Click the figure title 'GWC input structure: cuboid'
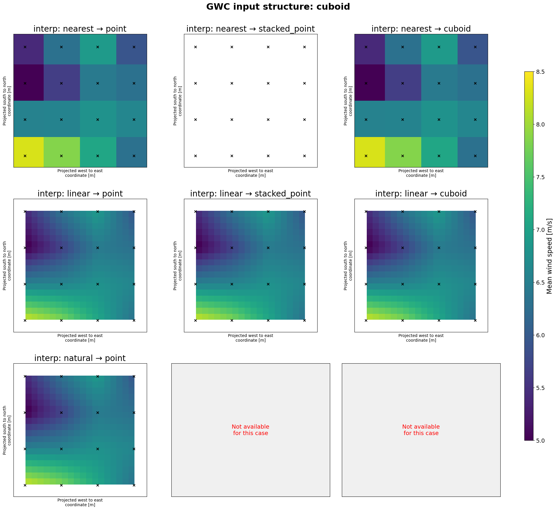tap(278, 7)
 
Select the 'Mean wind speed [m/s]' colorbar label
tap(550, 256)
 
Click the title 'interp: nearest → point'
tap(80, 29)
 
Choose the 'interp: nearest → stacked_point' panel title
tap(250, 29)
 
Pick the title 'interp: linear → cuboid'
tap(421, 194)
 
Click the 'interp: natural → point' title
tap(80, 358)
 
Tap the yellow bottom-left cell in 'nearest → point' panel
tap(28, 152)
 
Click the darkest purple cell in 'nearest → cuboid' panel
tap(369, 83)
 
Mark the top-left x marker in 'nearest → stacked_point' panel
tap(195, 47)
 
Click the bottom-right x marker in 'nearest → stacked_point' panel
tap(304, 156)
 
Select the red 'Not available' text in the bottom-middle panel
tap(250, 430)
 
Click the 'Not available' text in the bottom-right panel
tap(421, 430)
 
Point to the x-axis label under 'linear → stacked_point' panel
tap(250, 338)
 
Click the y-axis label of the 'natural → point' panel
tap(7, 430)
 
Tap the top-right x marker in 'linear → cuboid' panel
tap(475, 211)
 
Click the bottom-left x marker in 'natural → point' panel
tap(25, 485)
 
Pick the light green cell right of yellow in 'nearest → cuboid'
tap(403, 152)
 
